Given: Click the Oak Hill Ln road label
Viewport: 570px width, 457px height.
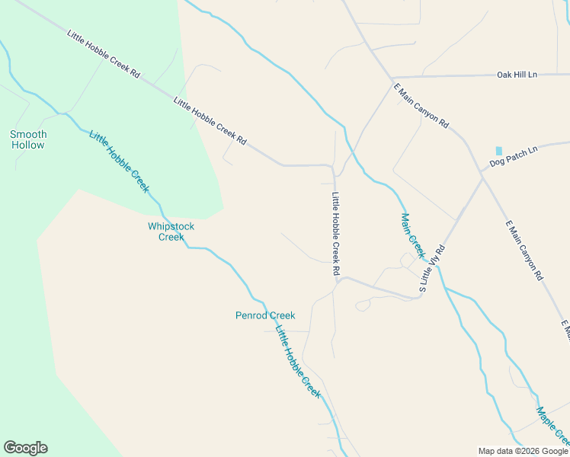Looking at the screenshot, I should pos(517,75).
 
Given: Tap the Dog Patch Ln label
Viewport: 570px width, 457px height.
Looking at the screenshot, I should pos(513,156).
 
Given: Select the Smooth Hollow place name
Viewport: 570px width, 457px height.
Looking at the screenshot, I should pos(28,139).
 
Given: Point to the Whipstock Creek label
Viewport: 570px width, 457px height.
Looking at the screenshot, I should pos(171,232).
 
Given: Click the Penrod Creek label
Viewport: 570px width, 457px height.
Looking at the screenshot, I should pos(264,315).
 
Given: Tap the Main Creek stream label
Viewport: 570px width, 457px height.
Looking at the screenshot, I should pos(412,235).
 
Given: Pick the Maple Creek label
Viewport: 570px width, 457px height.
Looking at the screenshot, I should pos(552,427).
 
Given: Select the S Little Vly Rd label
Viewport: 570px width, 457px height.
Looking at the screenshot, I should pos(431,269).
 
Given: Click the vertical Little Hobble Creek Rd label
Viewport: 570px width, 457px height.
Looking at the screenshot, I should pos(335,233).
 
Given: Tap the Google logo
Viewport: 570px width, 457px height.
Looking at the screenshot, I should pos(25,448).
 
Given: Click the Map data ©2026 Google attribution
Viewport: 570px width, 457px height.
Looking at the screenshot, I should pos(524,451).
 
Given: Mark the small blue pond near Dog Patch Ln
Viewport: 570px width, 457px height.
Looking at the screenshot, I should pos(499,151).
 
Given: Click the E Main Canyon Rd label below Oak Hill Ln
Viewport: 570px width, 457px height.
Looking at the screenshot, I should pos(421,106).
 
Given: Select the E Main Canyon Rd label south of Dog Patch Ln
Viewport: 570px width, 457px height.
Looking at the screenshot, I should pos(524,250).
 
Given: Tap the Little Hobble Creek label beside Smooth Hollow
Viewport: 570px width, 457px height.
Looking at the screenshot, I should pos(119,162).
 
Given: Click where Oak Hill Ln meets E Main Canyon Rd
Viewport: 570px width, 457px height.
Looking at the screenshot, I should pos(392,78).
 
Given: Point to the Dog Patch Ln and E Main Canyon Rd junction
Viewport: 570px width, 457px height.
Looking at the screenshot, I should pos(482,173).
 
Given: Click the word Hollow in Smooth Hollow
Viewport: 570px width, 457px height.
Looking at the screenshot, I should pos(28,145).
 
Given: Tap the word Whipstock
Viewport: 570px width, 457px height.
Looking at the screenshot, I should pos(171,226).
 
